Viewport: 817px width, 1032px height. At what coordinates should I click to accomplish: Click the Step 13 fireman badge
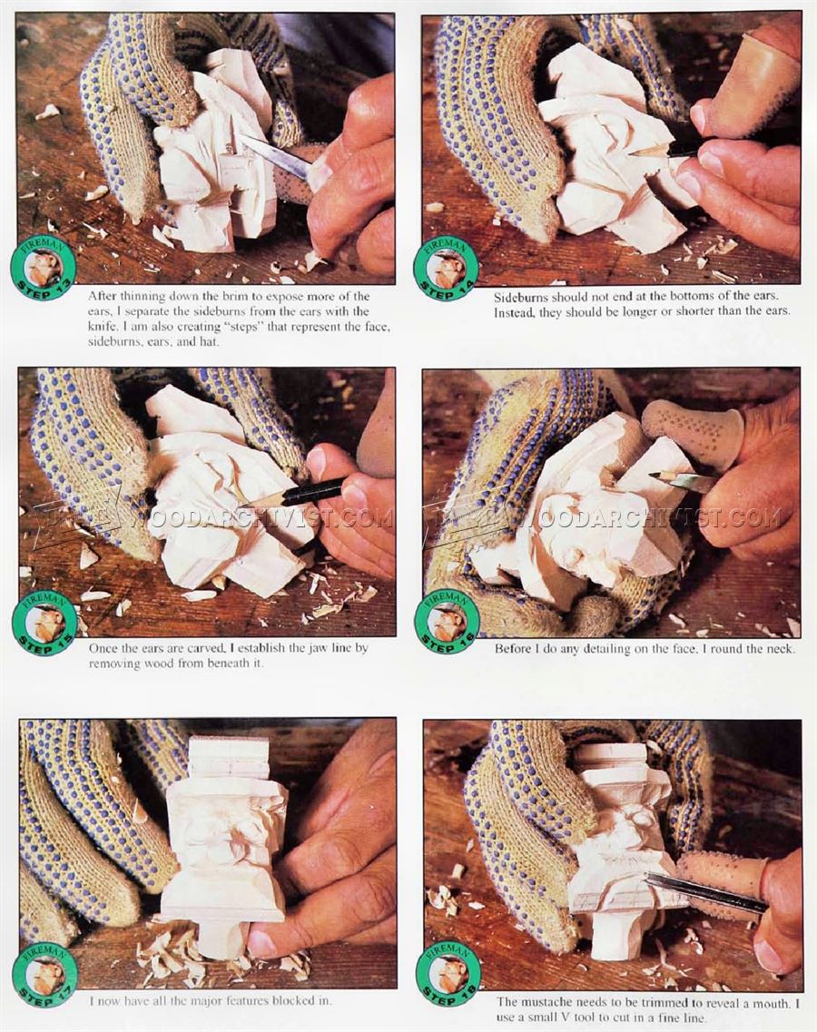click(x=44, y=270)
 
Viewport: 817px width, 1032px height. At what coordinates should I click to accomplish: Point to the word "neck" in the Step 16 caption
click(x=780, y=648)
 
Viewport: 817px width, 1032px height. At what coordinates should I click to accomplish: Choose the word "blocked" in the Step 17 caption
click(x=274, y=1000)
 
